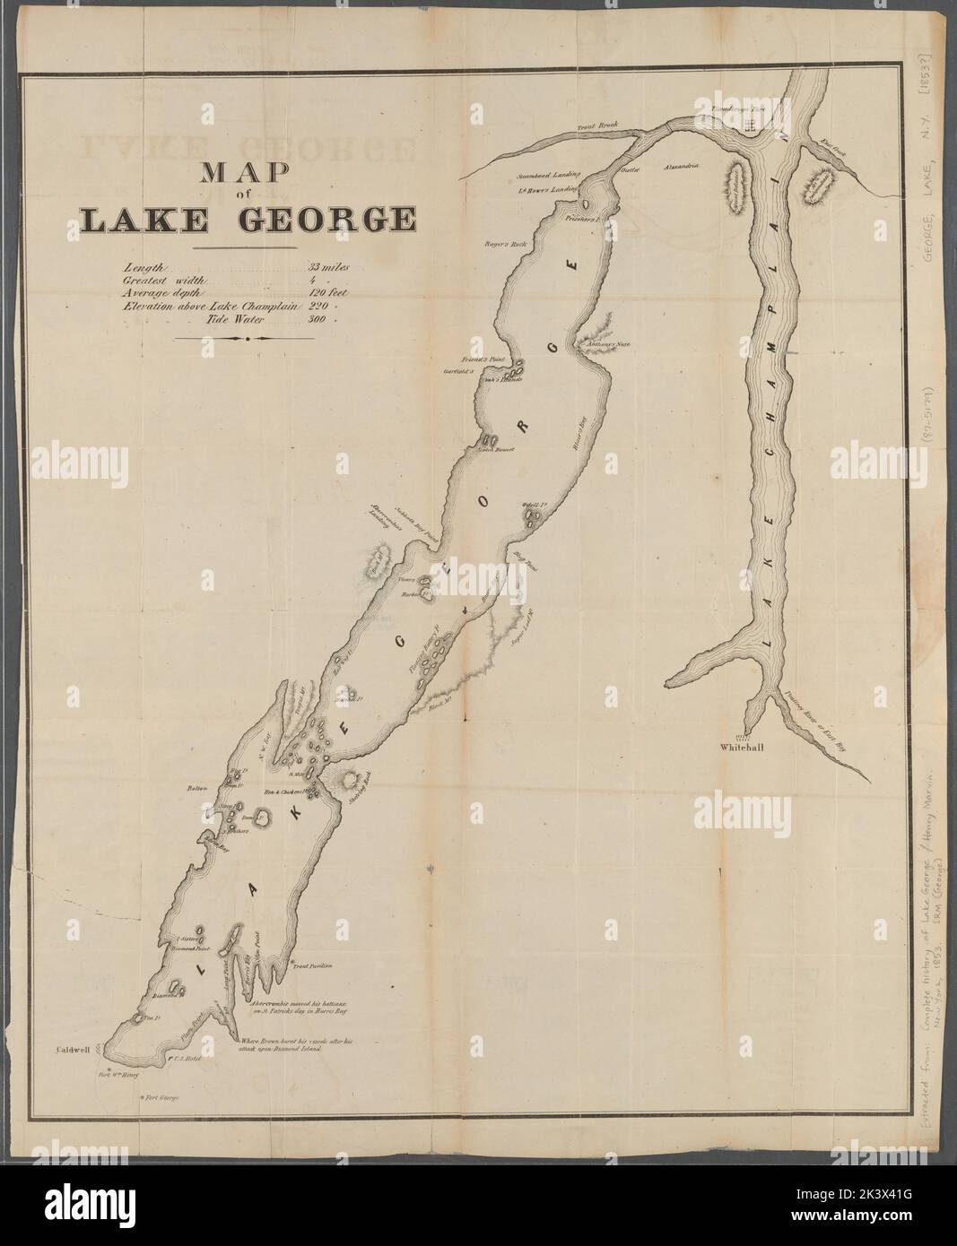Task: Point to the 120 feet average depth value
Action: (328, 293)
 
